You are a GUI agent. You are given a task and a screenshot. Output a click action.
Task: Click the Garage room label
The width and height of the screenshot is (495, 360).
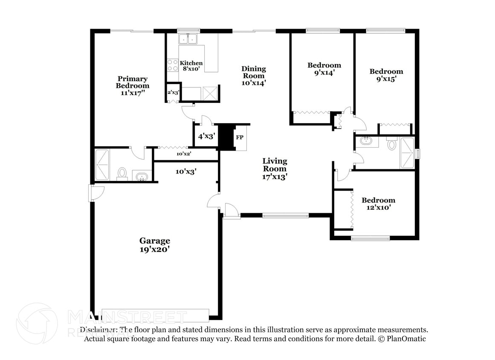[154, 245]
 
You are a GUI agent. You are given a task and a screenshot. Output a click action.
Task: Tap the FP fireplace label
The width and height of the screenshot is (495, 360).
[240, 137]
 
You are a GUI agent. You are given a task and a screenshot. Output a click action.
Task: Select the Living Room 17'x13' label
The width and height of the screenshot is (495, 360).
[275, 168]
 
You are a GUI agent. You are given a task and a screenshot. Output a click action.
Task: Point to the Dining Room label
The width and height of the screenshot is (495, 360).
[254, 76]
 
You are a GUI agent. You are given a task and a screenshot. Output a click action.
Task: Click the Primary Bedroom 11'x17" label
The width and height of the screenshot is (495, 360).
[133, 85]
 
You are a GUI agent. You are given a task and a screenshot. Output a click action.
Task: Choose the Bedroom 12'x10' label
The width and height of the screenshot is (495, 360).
[378, 204]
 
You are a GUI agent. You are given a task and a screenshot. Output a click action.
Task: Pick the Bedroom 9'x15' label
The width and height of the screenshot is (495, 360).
[386, 75]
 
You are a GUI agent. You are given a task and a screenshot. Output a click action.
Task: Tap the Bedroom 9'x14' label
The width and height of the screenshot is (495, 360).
[324, 69]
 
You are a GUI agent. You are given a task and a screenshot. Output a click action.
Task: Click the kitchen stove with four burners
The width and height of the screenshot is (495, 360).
[173, 65]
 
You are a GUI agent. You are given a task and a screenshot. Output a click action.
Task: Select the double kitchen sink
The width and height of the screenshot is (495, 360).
[188, 39]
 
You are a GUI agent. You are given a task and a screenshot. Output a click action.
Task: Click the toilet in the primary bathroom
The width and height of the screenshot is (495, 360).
[122, 173]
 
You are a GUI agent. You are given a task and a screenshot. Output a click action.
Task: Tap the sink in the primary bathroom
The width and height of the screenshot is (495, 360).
[141, 176]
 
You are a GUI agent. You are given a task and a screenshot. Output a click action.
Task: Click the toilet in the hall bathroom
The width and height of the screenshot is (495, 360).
[392, 144]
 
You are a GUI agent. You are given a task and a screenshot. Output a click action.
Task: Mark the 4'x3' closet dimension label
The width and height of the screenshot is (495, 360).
[206, 136]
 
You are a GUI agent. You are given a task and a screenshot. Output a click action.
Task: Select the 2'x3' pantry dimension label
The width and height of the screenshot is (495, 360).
[173, 92]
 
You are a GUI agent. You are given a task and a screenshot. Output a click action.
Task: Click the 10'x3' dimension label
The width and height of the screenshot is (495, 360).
[186, 171]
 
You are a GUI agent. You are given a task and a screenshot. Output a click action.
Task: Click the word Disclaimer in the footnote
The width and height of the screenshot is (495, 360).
[99, 330]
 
